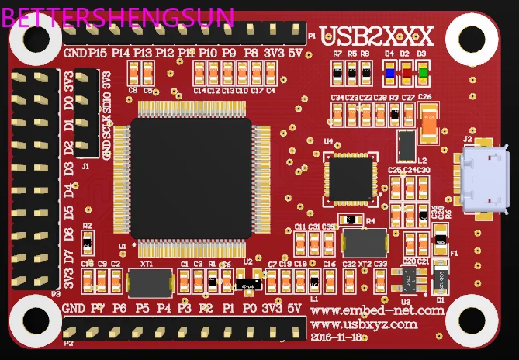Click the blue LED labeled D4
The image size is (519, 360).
389,74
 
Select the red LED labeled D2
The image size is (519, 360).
406,74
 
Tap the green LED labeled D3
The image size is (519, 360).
422,74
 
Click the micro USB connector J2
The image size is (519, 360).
482,178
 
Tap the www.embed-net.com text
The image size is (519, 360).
378,310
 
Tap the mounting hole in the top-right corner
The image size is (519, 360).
471,37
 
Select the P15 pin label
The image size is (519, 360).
98,53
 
